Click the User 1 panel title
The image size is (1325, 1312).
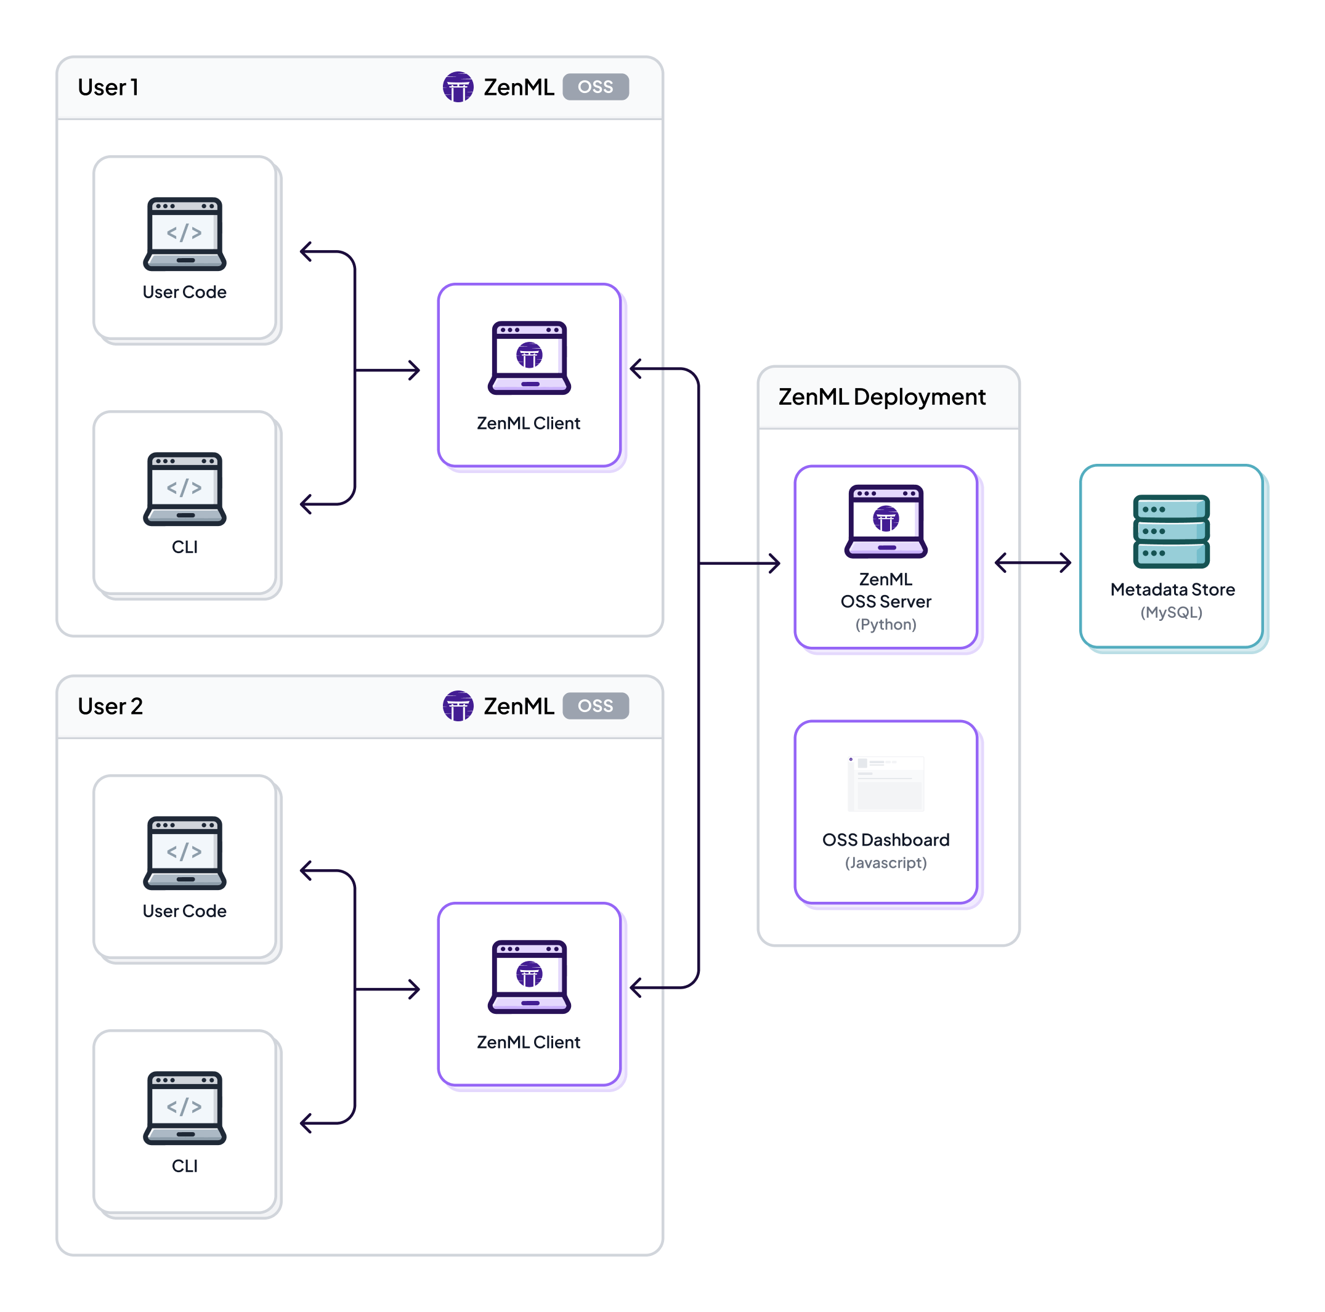(108, 87)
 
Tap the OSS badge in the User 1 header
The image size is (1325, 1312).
(594, 87)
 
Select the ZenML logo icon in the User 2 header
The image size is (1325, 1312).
(458, 706)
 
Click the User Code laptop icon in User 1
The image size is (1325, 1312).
(184, 234)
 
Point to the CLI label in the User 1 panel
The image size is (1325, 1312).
(184, 546)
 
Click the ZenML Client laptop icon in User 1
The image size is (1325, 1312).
(529, 357)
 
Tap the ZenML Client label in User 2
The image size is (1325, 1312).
(528, 1042)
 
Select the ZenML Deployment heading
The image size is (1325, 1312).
(881, 397)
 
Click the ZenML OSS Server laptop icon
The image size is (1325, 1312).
(885, 520)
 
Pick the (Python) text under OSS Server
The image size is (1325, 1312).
(885, 624)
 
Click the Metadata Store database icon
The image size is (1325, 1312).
(1170, 531)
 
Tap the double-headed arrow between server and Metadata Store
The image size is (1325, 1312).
(1032, 562)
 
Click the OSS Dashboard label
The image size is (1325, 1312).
(885, 840)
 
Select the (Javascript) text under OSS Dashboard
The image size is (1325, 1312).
(885, 862)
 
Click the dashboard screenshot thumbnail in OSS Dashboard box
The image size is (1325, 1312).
(885, 784)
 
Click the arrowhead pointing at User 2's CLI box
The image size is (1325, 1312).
(306, 1123)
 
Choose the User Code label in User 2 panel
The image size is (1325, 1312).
(184, 911)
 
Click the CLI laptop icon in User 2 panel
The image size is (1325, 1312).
(184, 1107)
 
